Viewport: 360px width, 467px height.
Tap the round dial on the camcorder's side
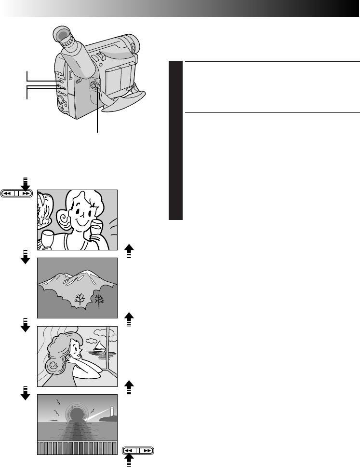[95, 86]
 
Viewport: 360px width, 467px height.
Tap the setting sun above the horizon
[77, 414]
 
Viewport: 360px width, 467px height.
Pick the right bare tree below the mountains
[99, 300]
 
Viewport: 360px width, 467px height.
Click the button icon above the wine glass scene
[17, 193]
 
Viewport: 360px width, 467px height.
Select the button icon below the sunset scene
[138, 451]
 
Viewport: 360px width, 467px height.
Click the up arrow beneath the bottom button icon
[129, 463]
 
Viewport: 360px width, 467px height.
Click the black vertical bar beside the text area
[176, 140]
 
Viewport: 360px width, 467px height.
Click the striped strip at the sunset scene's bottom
[78, 448]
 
